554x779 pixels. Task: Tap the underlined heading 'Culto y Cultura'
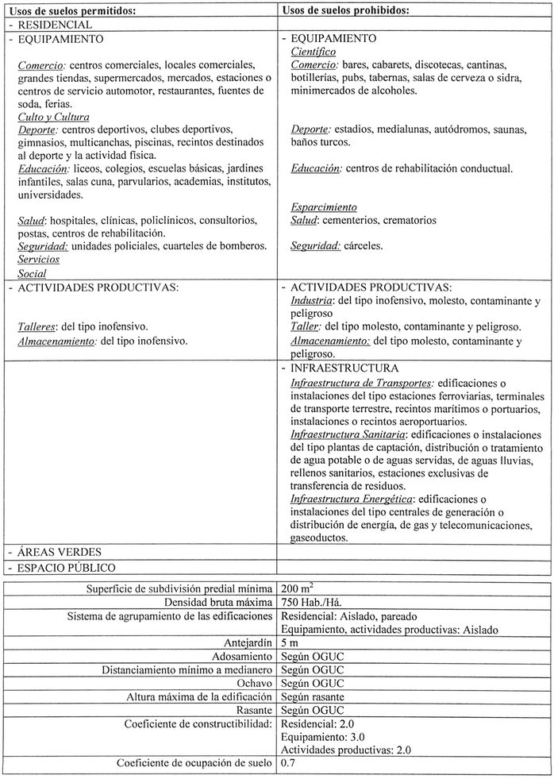(53, 117)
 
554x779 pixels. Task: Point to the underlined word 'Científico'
(314, 52)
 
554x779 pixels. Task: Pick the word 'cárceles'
(364, 246)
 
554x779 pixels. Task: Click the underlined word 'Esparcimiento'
(324, 207)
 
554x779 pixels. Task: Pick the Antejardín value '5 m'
(290, 642)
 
